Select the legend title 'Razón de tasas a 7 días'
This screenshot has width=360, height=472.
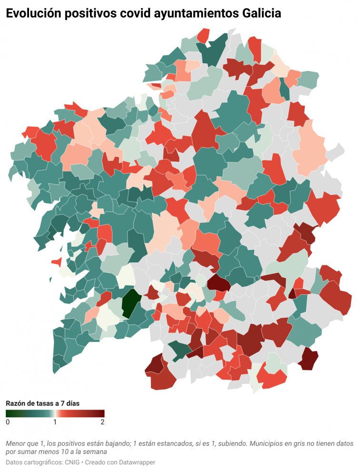pos(42,403)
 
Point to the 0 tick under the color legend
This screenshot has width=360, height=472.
pos(8,422)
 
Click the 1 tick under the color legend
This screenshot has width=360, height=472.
pos(55,422)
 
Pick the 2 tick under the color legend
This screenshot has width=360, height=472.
pos(102,422)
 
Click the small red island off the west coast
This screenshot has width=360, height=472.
pos(56,261)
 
